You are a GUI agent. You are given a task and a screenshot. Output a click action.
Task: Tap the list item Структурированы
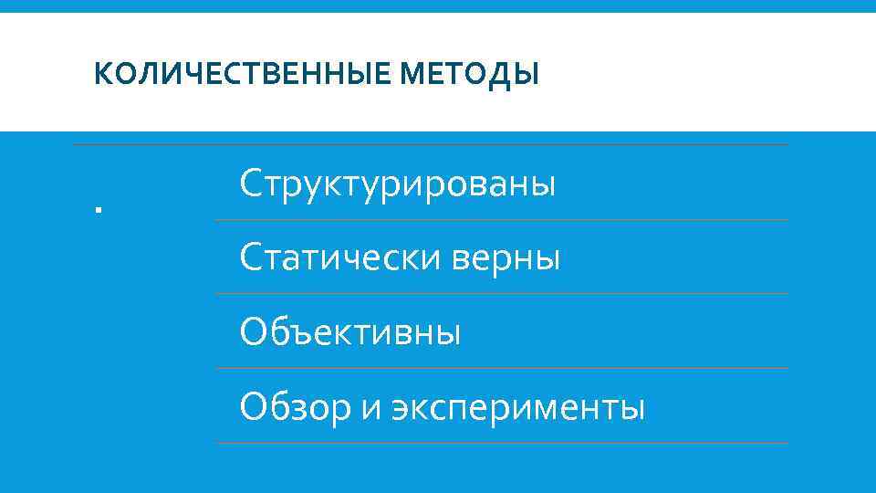coord(397,184)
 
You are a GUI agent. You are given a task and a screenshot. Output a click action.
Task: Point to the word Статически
coord(337,258)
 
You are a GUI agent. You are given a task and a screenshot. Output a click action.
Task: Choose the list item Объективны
coord(350,332)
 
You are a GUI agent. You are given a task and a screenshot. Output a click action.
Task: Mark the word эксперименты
coord(518,407)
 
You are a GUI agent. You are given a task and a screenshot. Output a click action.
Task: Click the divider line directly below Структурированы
coord(502,220)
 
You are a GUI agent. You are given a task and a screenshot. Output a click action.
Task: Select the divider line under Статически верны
coord(502,294)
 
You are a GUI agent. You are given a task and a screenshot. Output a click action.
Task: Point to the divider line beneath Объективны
coord(502,369)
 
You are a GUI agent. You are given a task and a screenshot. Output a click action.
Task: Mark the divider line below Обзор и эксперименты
coord(502,444)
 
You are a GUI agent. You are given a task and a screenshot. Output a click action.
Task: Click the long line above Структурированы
coord(429,145)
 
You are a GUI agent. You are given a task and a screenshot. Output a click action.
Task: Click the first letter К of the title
coord(100,73)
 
